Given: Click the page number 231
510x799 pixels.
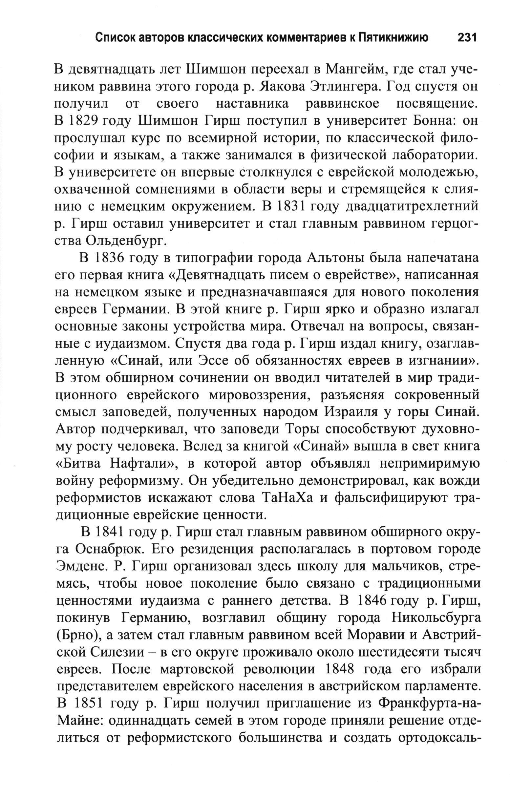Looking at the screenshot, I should coord(467,38).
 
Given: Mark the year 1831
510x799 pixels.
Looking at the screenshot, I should coord(292,206).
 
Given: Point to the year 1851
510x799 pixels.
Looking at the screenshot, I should coord(88,704).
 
